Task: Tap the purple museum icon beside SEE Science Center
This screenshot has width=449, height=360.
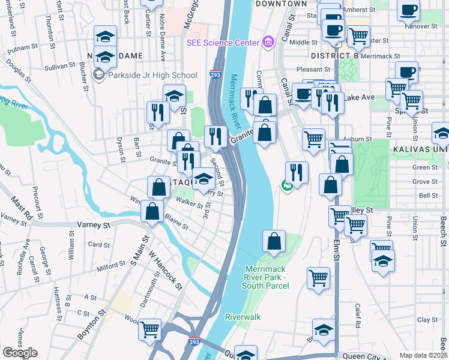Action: click(x=268, y=41)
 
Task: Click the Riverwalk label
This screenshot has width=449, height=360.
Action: click(x=243, y=316)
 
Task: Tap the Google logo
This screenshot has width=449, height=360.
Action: click(x=19, y=353)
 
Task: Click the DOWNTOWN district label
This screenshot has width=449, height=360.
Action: click(x=281, y=4)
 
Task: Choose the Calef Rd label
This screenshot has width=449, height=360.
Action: click(x=357, y=311)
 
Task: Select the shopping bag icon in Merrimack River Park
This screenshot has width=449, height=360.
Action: click(x=274, y=241)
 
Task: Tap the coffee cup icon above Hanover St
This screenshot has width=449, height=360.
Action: click(x=408, y=11)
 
